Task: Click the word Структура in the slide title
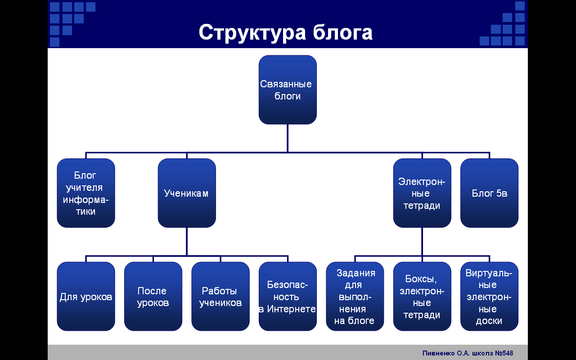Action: coord(252,33)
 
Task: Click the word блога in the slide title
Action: coord(343,32)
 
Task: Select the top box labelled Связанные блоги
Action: coord(288,90)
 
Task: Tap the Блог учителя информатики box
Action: coord(86,193)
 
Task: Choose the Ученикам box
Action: coord(187,193)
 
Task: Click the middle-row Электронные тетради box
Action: coord(422,193)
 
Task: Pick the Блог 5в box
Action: coord(489,193)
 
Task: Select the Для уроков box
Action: coord(86,296)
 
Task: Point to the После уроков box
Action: coord(153,296)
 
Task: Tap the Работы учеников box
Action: coord(220,296)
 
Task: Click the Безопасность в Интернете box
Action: coord(288,296)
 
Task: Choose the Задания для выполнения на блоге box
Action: coord(355,296)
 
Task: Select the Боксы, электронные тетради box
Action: coord(422,296)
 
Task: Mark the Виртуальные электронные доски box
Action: coord(489,296)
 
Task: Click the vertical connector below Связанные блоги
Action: coord(288,138)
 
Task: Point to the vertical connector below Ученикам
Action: coord(187,242)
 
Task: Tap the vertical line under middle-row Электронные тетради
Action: coord(422,242)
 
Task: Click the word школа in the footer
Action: coord(483,353)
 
